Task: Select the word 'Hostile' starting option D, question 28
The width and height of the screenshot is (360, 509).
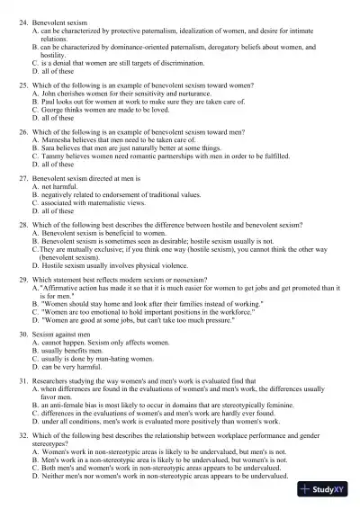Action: point(53,269)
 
